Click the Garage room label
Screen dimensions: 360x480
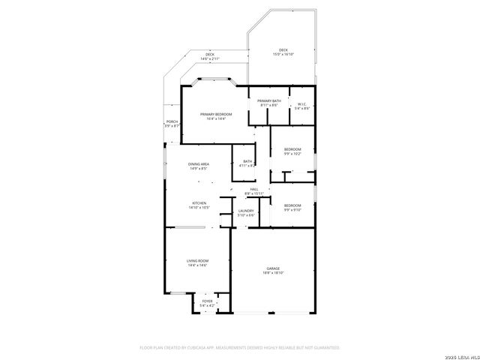272,268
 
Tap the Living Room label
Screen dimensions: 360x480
197,260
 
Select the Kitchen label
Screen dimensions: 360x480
199,203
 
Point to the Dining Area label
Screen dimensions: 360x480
199,163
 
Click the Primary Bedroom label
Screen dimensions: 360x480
216,114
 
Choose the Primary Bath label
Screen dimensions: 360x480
269,101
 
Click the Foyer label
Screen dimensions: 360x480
207,301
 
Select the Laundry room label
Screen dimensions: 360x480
246,211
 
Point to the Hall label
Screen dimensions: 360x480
254,190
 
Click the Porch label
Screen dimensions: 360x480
172,121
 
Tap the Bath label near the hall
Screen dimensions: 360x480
247,161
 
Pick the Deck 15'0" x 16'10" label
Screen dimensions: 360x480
283,50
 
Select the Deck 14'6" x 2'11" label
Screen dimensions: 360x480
210,55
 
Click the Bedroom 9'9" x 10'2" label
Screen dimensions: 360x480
292,149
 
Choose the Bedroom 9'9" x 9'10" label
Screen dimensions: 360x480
292,205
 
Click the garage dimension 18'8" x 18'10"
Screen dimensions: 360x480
272,272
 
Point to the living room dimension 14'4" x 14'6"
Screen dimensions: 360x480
197,265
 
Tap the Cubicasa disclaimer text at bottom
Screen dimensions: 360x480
240,347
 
